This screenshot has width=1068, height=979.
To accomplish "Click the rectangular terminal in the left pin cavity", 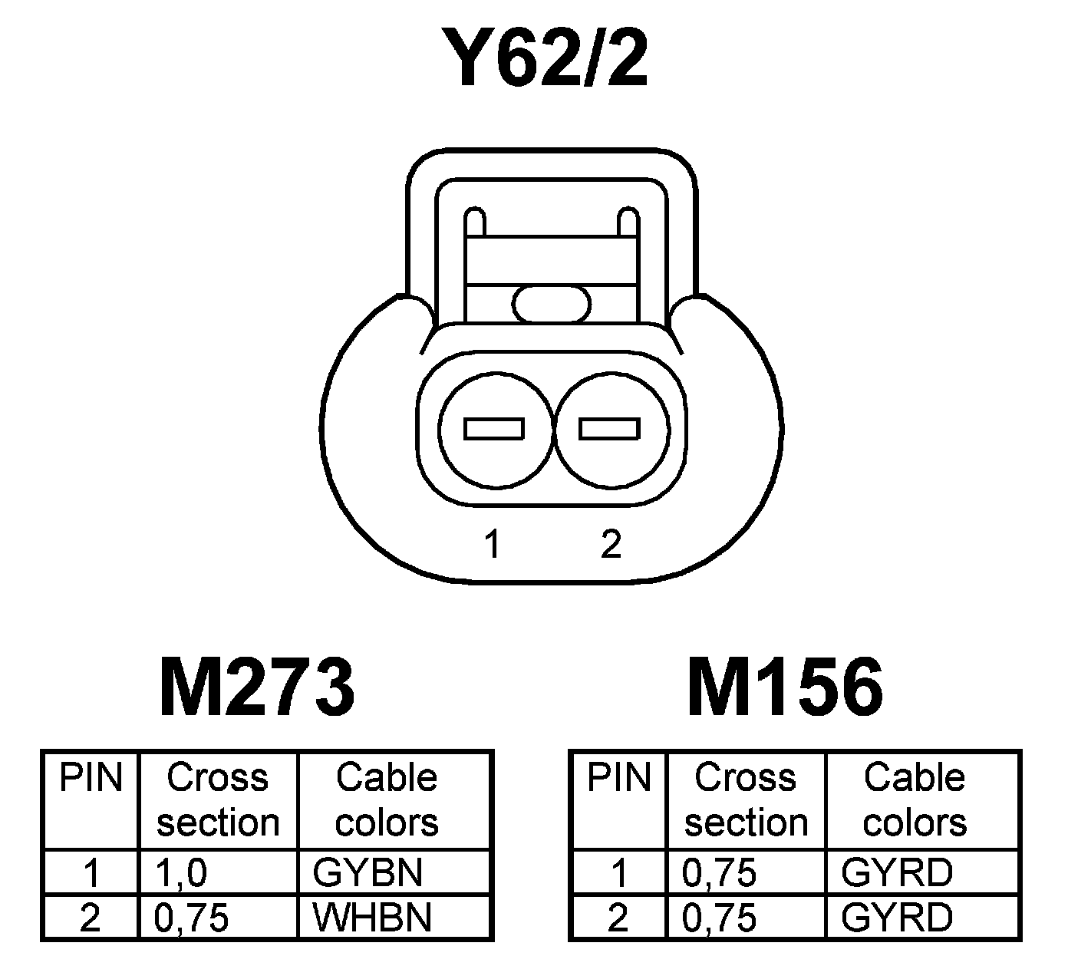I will (x=494, y=429).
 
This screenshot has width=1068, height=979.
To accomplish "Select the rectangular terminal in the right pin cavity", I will (x=609, y=429).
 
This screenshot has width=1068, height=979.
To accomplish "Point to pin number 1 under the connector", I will (x=492, y=544).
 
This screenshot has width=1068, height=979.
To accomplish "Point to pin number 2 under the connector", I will (x=611, y=544).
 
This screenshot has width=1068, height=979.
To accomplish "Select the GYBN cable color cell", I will (x=368, y=872).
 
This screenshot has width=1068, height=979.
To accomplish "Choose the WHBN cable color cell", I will (x=372, y=918).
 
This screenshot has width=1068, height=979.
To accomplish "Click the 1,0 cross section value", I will (x=181, y=873).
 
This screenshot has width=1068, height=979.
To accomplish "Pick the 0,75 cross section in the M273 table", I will (x=192, y=918).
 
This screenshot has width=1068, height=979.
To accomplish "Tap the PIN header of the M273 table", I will (x=91, y=778).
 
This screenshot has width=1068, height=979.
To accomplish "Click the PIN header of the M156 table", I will (x=618, y=778).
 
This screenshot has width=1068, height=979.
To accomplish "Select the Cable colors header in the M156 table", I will (x=915, y=799).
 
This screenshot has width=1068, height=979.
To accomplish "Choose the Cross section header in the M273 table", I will (x=218, y=799).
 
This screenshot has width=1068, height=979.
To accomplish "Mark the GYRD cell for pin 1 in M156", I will (x=897, y=872).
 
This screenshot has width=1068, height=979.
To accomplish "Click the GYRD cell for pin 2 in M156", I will (x=897, y=918).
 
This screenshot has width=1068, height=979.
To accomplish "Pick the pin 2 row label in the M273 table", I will (x=91, y=918).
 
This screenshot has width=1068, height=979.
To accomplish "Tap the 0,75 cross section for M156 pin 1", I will (x=719, y=873).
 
